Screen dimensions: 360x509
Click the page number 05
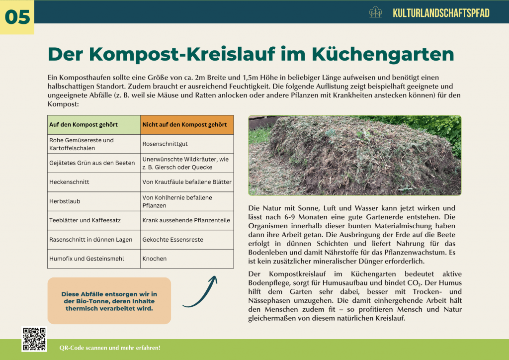click(x=17, y=17)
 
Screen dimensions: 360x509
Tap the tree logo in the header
click(x=376, y=12)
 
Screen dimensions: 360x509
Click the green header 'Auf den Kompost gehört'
click(x=94, y=124)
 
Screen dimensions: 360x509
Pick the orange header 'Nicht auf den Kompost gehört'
click(x=187, y=124)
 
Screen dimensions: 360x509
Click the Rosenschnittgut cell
click(x=187, y=144)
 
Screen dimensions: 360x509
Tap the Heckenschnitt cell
click(x=94, y=182)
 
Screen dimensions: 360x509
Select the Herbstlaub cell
click(x=94, y=201)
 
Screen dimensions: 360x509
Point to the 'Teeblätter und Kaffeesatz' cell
click(x=94, y=220)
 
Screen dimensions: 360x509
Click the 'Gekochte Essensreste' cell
click(x=187, y=240)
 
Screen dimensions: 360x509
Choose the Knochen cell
click(x=187, y=259)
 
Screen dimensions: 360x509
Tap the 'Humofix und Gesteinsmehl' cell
click(x=94, y=259)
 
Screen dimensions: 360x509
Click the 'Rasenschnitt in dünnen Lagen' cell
click(x=94, y=240)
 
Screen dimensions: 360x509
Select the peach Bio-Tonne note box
click(x=109, y=301)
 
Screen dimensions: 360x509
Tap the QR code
click(x=34, y=339)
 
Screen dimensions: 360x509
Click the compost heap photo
click(x=354, y=155)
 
